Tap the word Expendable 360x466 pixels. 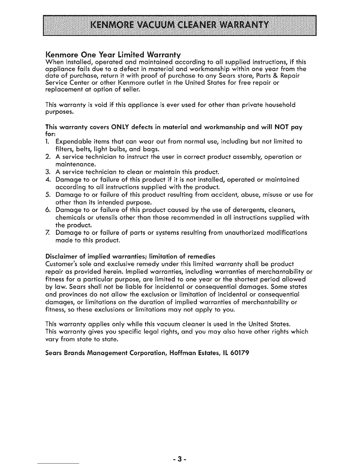pyautogui.click(x=74, y=142)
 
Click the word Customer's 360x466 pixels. pyautogui.click(x=61, y=264)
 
